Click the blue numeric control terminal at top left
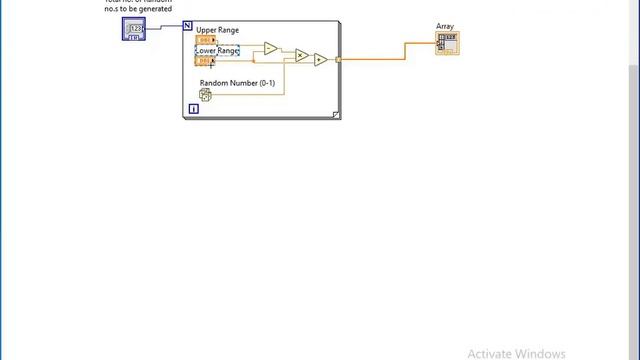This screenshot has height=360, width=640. (x=134, y=30)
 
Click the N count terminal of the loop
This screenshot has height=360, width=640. (x=188, y=27)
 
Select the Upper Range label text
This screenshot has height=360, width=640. (x=217, y=31)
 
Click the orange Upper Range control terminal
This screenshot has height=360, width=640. (x=205, y=41)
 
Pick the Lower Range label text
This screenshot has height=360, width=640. (x=217, y=50)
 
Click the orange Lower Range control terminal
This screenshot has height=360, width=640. (x=205, y=61)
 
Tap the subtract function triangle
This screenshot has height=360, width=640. (x=269, y=48)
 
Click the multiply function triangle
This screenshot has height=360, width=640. (x=301, y=56)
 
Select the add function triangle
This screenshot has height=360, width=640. (x=320, y=60)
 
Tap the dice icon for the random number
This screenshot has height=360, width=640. (x=205, y=96)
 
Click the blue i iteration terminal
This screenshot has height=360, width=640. (x=194, y=108)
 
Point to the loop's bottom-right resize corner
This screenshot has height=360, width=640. (x=336, y=114)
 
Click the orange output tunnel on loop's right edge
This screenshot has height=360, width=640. (x=338, y=60)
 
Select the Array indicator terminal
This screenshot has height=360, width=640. (x=447, y=42)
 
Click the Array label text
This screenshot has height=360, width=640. (x=445, y=27)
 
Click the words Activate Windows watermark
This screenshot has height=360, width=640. (x=516, y=353)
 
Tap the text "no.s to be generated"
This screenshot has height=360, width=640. (x=138, y=9)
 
